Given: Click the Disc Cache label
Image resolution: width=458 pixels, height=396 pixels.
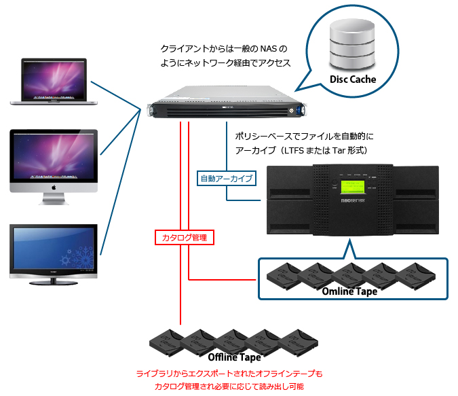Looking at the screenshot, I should coord(353,79).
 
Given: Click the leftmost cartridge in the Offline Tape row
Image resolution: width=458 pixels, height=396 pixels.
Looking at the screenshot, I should coord(167,340).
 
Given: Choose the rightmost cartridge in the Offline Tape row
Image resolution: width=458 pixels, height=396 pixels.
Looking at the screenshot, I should coord(299,340).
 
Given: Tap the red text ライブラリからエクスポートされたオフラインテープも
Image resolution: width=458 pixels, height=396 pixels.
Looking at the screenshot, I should coord(230,374).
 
